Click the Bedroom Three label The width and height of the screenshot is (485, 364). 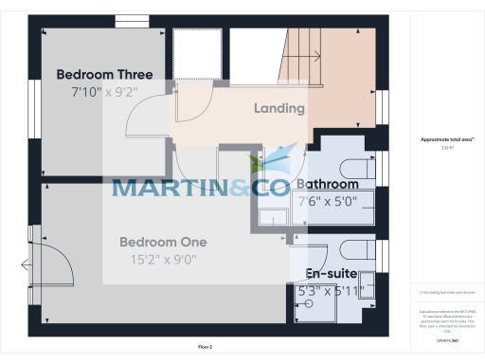click(x=104, y=74)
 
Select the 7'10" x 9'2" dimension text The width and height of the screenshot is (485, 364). click(x=104, y=92)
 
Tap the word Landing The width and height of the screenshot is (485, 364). click(x=279, y=108)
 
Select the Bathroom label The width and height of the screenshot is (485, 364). click(x=328, y=184)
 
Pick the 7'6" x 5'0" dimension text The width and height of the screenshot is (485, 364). click(x=328, y=201)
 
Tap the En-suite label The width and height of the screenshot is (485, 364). click(x=331, y=273)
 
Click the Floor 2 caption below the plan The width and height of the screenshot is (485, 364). click(x=205, y=348)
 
